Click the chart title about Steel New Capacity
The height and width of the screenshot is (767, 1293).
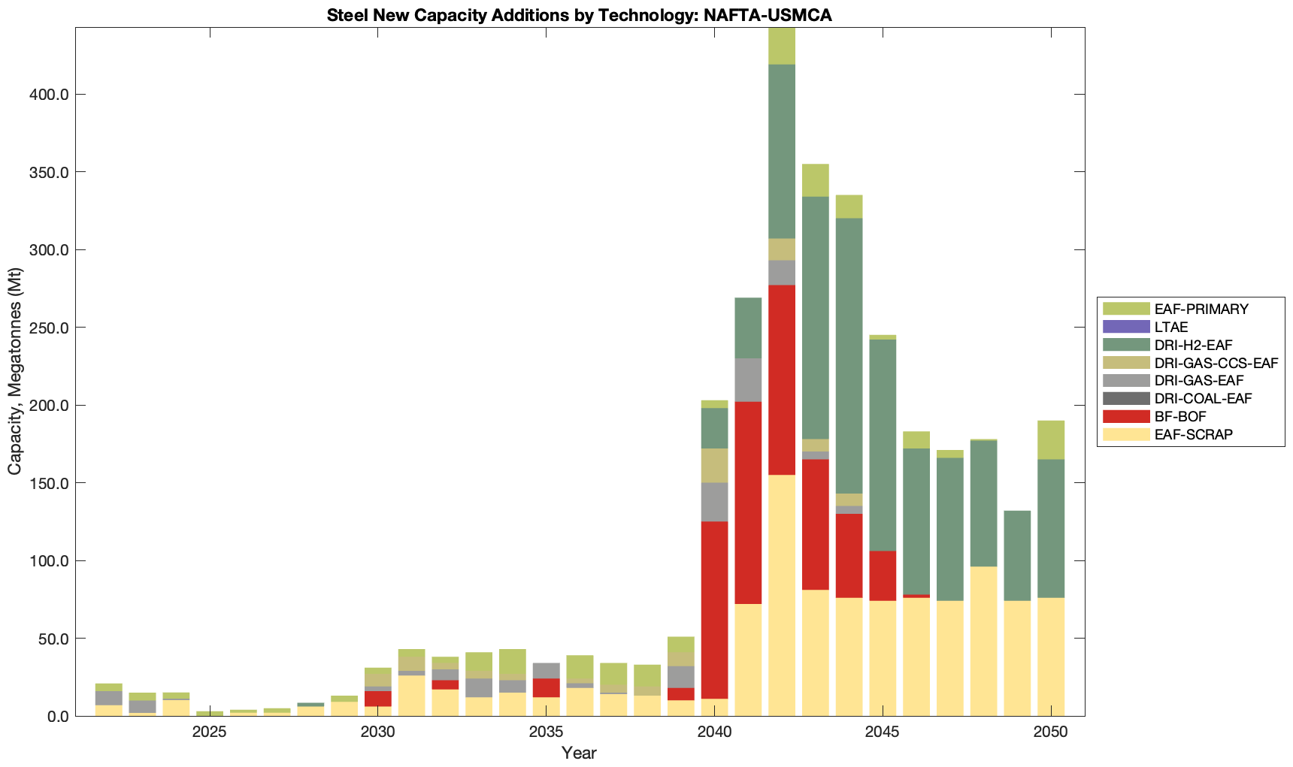coord(579,16)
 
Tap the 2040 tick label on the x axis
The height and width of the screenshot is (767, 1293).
coord(714,733)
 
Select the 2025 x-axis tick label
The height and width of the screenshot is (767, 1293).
coord(209,733)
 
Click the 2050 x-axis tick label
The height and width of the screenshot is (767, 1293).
coord(1051,733)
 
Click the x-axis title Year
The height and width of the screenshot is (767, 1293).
coord(579,753)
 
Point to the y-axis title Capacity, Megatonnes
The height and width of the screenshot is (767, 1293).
coord(15,372)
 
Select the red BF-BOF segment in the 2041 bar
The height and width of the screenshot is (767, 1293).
coord(748,503)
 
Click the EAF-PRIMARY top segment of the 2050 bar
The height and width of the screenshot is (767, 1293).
coord(1051,439)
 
